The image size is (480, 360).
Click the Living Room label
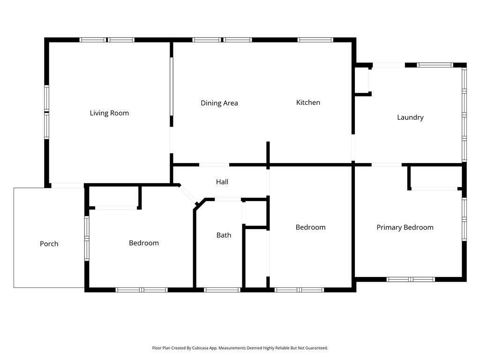point(109,113)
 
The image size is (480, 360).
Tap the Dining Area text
point(219,103)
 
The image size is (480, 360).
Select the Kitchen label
point(308,102)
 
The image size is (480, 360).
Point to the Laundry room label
point(410,117)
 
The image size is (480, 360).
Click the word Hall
point(222,182)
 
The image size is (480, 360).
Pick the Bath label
point(224,235)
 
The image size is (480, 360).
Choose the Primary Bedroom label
point(405,227)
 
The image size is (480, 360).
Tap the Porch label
point(49,244)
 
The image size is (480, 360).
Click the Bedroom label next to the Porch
point(144,243)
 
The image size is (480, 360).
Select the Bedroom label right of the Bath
point(310,227)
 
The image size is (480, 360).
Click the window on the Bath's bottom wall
point(223,290)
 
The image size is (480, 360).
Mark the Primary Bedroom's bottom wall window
point(411,279)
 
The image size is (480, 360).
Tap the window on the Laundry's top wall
point(435,65)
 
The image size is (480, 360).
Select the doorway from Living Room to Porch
point(67,186)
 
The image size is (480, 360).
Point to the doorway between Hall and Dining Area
point(214,165)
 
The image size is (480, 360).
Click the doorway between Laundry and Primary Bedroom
point(387,165)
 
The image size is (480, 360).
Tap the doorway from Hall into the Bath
point(228,200)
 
